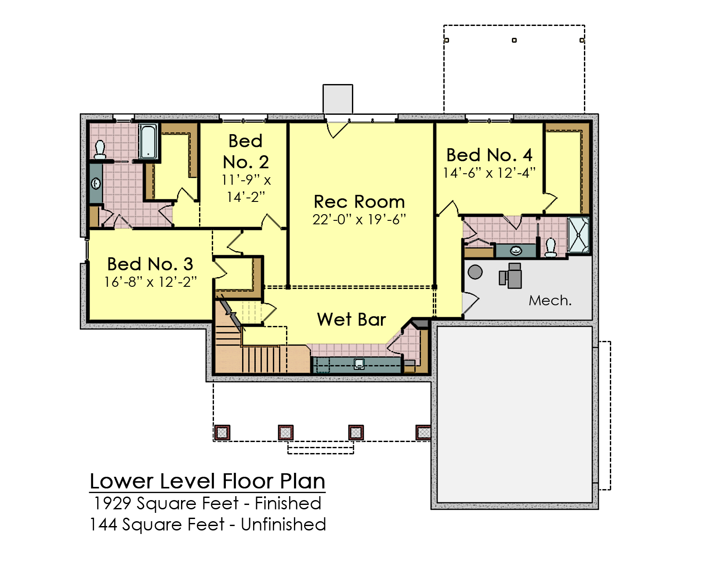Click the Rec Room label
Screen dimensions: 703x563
pyautogui.click(x=359, y=201)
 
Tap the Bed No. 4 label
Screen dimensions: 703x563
pyautogui.click(x=489, y=155)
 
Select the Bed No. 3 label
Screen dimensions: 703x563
pyautogui.click(x=150, y=264)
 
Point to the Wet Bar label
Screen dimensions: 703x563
pyautogui.click(x=351, y=319)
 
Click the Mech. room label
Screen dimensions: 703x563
pyautogui.click(x=550, y=300)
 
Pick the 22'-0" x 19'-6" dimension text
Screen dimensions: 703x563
pyautogui.click(x=359, y=219)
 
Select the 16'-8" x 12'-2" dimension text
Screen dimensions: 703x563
pyautogui.click(x=150, y=282)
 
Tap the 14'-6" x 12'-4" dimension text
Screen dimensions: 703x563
pyautogui.click(x=489, y=173)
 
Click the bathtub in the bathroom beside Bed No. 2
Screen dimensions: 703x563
pyautogui.click(x=149, y=141)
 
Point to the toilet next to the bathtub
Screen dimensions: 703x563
pyautogui.click(x=100, y=150)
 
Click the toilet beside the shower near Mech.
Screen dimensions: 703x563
pyautogui.click(x=551, y=248)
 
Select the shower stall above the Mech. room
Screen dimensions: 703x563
pyautogui.click(x=578, y=235)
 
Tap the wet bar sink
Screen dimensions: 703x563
pyautogui.click(x=359, y=364)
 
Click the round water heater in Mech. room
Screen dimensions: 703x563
pyautogui.click(x=475, y=272)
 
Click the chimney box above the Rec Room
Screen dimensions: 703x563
pyautogui.click(x=338, y=99)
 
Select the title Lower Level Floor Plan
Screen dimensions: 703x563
pyautogui.click(x=207, y=481)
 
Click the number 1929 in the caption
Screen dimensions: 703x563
pyautogui.click(x=112, y=503)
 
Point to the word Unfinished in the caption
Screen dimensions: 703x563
pyautogui.click(x=283, y=524)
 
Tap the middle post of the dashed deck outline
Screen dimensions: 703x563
pyautogui.click(x=514, y=40)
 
